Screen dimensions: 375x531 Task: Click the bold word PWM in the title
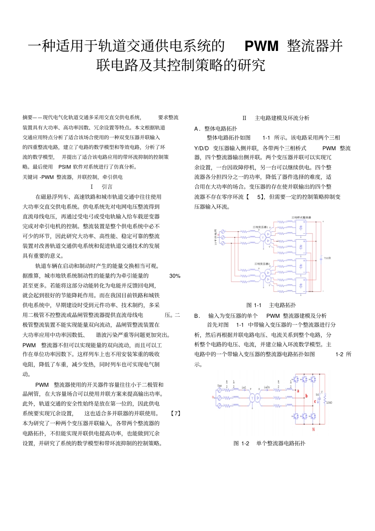point(261,46)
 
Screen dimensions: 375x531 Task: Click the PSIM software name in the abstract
point(64,167)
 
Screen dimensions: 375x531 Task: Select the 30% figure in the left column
point(174,276)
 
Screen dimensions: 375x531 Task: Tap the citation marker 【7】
point(175,413)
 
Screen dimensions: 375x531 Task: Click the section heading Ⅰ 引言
point(101,187)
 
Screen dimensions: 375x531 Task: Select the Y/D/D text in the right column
point(201,148)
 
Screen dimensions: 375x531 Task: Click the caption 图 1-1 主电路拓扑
point(271,305)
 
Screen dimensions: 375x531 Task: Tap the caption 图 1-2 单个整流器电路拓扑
point(269,443)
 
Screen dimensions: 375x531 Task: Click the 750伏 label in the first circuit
point(327,258)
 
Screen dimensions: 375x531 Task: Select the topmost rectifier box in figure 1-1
point(301,227)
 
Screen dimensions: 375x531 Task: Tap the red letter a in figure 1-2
point(298,391)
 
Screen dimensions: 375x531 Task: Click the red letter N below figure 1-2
point(313,429)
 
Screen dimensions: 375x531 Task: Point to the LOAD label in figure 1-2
point(329,402)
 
